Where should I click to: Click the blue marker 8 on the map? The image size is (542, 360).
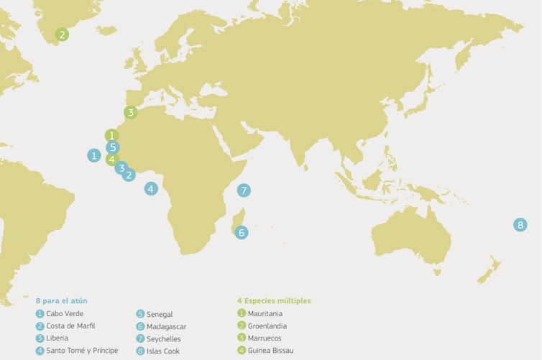520,225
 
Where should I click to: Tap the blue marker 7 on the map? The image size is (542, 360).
244,190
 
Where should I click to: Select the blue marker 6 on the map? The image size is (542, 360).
242,232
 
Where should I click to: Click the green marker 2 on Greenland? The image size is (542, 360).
63,34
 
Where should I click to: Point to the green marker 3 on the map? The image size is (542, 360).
130,112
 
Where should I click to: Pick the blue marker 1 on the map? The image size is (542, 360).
94,155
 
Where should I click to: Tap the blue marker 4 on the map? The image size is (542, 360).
151,188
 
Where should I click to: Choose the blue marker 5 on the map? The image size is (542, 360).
112,147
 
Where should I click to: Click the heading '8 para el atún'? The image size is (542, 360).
61,300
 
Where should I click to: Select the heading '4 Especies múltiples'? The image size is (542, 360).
274,300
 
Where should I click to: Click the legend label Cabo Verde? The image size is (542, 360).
65,313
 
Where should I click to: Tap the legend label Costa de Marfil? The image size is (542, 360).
70,326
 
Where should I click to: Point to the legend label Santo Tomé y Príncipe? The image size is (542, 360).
81,351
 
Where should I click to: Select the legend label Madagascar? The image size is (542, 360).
166,326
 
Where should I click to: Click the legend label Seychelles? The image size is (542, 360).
164,338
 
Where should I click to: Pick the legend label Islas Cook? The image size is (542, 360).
163,351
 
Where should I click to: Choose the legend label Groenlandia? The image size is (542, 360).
267,326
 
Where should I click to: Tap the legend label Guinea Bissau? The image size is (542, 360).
270,350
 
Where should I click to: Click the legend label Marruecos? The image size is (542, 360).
265,338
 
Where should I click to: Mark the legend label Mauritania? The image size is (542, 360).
265,313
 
